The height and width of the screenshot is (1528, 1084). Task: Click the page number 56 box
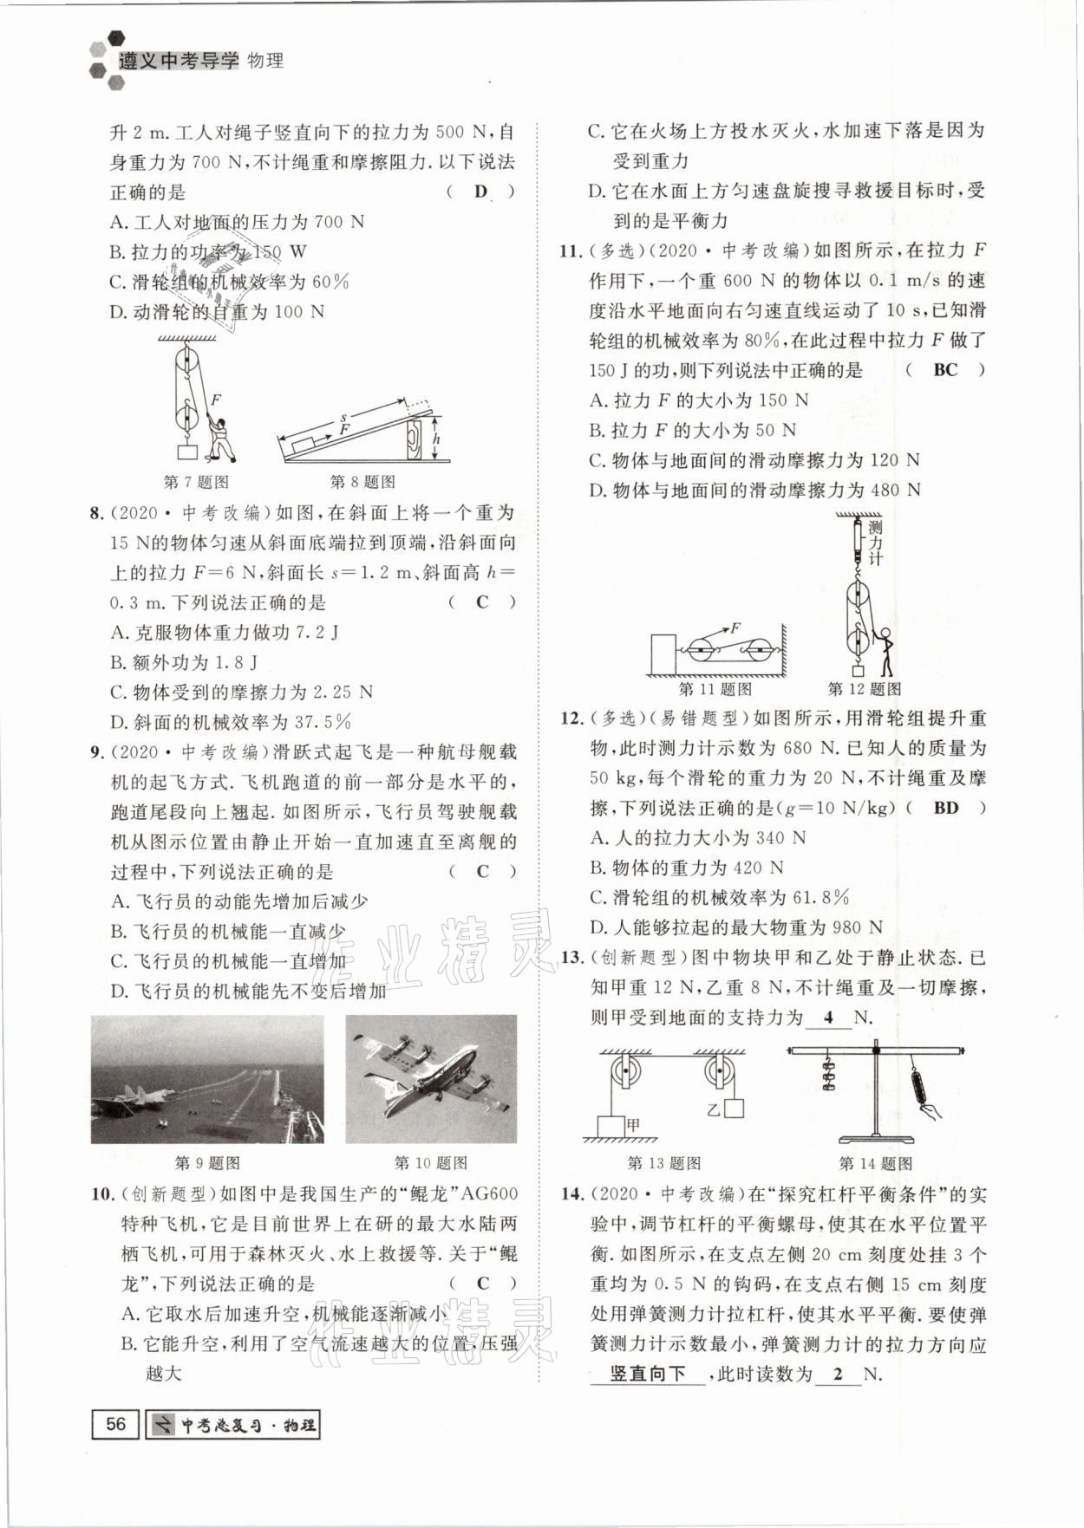[115, 1424]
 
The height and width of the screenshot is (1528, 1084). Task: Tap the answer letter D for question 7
[481, 192]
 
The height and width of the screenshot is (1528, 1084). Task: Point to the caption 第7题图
[196, 482]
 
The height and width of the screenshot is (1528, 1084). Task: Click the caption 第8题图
[362, 482]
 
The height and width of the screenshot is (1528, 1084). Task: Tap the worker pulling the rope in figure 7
[220, 439]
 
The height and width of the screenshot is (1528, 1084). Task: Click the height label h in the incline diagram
[436, 439]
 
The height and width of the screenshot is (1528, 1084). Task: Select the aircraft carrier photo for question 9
[207, 1079]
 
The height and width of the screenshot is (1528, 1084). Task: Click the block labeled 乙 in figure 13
[734, 1108]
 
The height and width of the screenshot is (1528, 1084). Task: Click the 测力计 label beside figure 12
[875, 543]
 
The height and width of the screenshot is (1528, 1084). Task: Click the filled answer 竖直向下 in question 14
[647, 1374]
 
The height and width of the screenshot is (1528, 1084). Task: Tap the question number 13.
[571, 958]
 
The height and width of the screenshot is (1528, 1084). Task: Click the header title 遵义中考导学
[178, 61]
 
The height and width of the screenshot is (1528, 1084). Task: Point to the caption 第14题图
[875, 1163]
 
